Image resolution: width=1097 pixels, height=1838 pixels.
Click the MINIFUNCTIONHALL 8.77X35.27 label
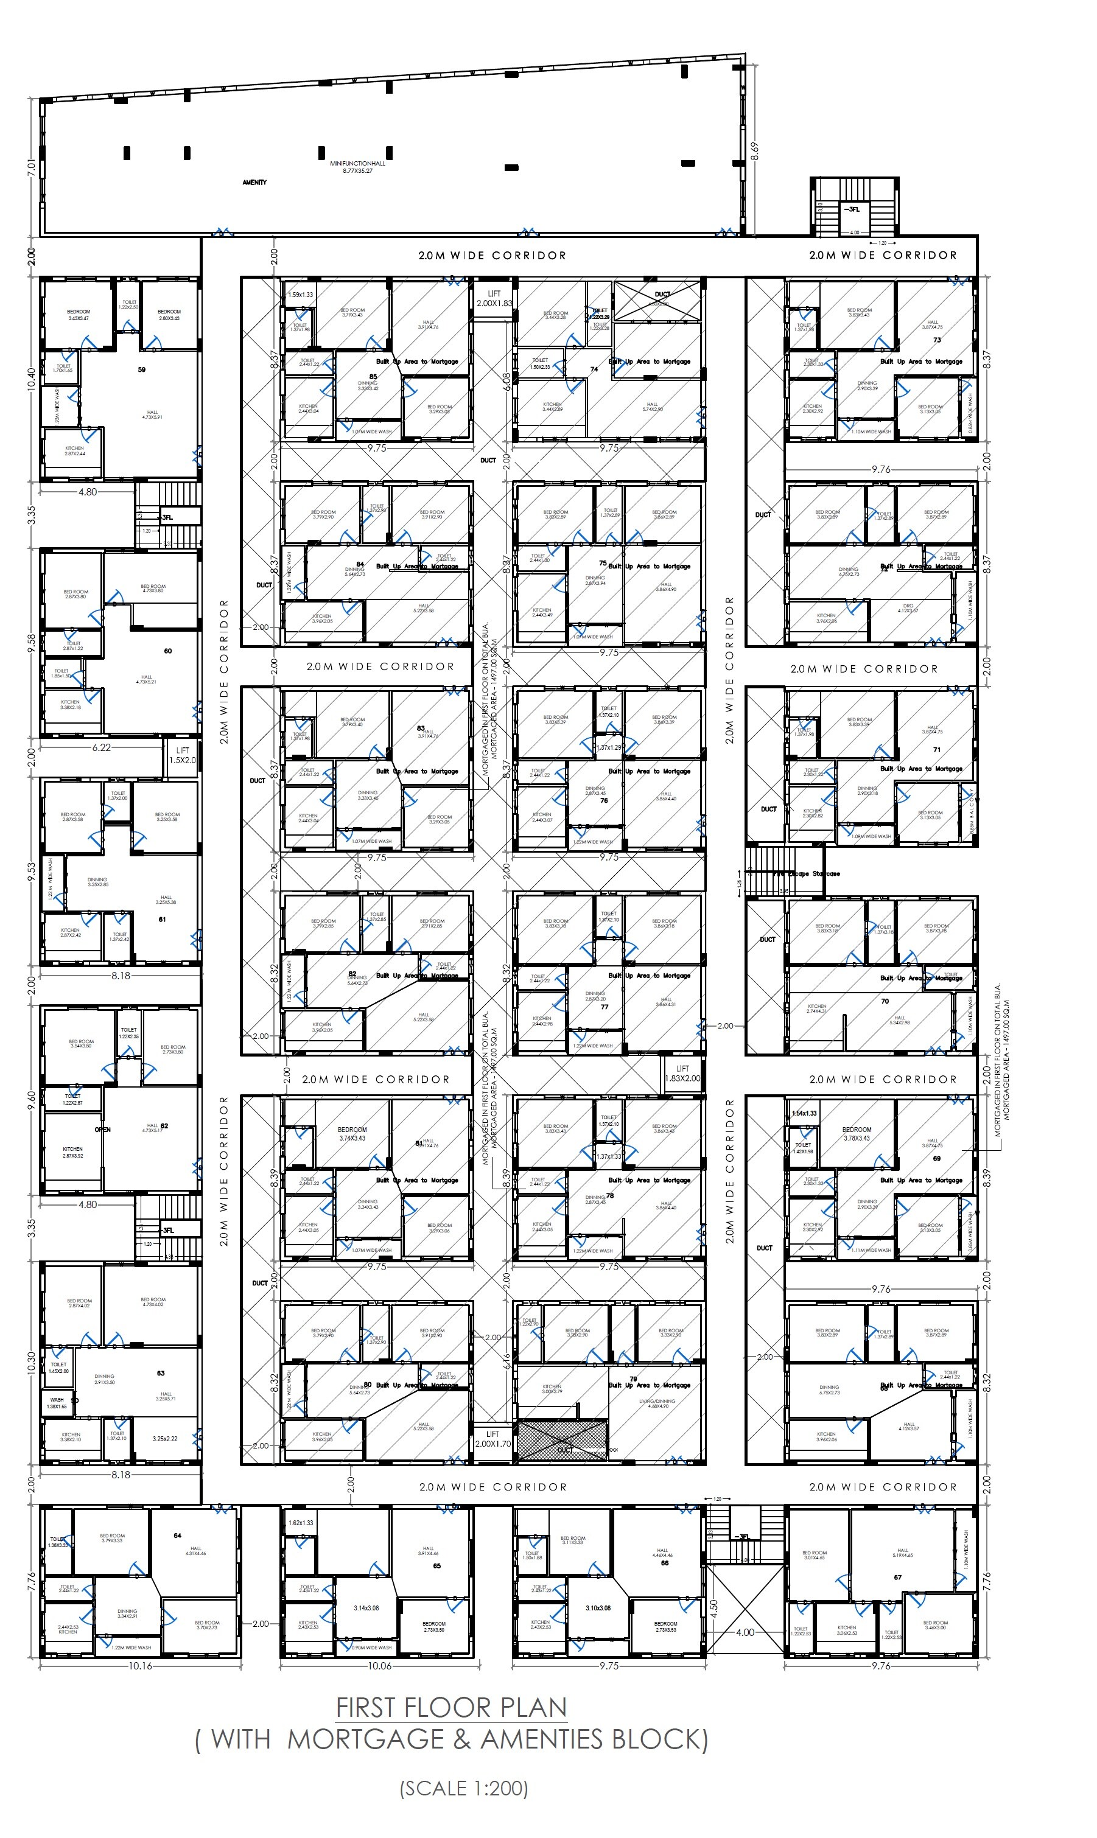tap(357, 166)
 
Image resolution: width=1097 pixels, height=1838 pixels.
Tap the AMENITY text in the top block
tap(254, 182)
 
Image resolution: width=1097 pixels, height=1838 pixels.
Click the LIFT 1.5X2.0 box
tap(182, 755)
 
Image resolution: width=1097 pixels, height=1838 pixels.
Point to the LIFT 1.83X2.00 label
tap(682, 1073)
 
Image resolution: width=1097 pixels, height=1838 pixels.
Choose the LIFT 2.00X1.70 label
tap(492, 1438)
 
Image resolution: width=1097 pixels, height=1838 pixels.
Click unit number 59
tap(141, 369)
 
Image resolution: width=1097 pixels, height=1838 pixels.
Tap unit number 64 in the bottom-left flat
tap(177, 1535)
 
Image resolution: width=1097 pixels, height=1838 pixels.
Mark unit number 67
tap(897, 1577)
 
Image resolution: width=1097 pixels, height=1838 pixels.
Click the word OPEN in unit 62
tap(102, 1129)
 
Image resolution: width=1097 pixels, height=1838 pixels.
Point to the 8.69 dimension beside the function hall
tap(754, 151)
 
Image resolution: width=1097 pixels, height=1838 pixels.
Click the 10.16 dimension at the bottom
tap(141, 1666)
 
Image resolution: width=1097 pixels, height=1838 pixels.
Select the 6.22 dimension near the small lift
tap(101, 747)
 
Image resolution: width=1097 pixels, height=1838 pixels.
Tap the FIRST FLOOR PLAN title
tap(451, 1707)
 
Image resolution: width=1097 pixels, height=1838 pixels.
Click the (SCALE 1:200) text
tap(463, 1789)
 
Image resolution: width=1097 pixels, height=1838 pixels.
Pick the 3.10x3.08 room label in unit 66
tap(598, 1607)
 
